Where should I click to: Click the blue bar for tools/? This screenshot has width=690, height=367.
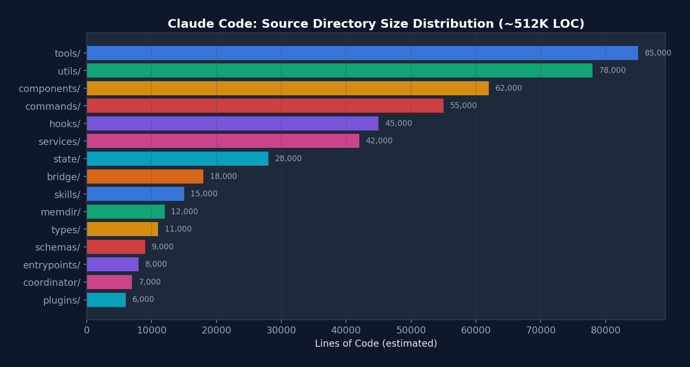(x=362, y=53)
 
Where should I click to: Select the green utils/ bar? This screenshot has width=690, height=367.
(x=339, y=70)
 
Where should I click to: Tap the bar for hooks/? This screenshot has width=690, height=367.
(x=232, y=123)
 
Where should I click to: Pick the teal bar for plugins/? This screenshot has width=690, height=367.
(x=106, y=299)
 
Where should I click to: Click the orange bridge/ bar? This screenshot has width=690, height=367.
(x=145, y=176)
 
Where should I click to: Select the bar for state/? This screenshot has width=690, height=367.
(x=178, y=159)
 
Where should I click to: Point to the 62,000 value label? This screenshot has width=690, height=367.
(x=508, y=88)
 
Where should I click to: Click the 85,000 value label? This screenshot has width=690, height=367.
(x=658, y=53)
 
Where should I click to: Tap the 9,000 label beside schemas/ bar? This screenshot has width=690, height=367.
(x=162, y=247)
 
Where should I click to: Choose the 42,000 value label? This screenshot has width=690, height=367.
(x=379, y=141)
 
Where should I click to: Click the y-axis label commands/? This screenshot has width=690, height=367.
(x=53, y=106)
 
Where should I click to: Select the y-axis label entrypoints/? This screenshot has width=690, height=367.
(x=51, y=265)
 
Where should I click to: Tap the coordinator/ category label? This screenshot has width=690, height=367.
(x=51, y=282)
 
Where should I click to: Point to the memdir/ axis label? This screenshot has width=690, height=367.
(x=60, y=212)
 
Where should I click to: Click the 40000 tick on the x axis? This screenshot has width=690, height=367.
(x=346, y=330)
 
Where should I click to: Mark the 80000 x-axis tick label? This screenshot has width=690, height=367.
(x=605, y=330)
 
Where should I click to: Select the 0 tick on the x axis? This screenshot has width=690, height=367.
(x=87, y=330)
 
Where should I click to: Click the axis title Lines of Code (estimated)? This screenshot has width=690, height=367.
(x=375, y=343)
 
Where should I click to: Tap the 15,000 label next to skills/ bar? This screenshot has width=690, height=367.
(x=204, y=194)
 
